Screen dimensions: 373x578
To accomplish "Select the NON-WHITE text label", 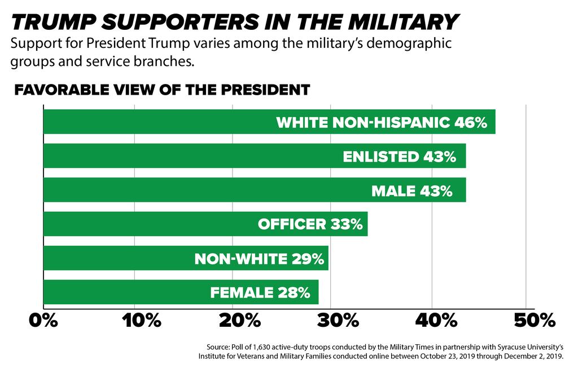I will tap(241, 259).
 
